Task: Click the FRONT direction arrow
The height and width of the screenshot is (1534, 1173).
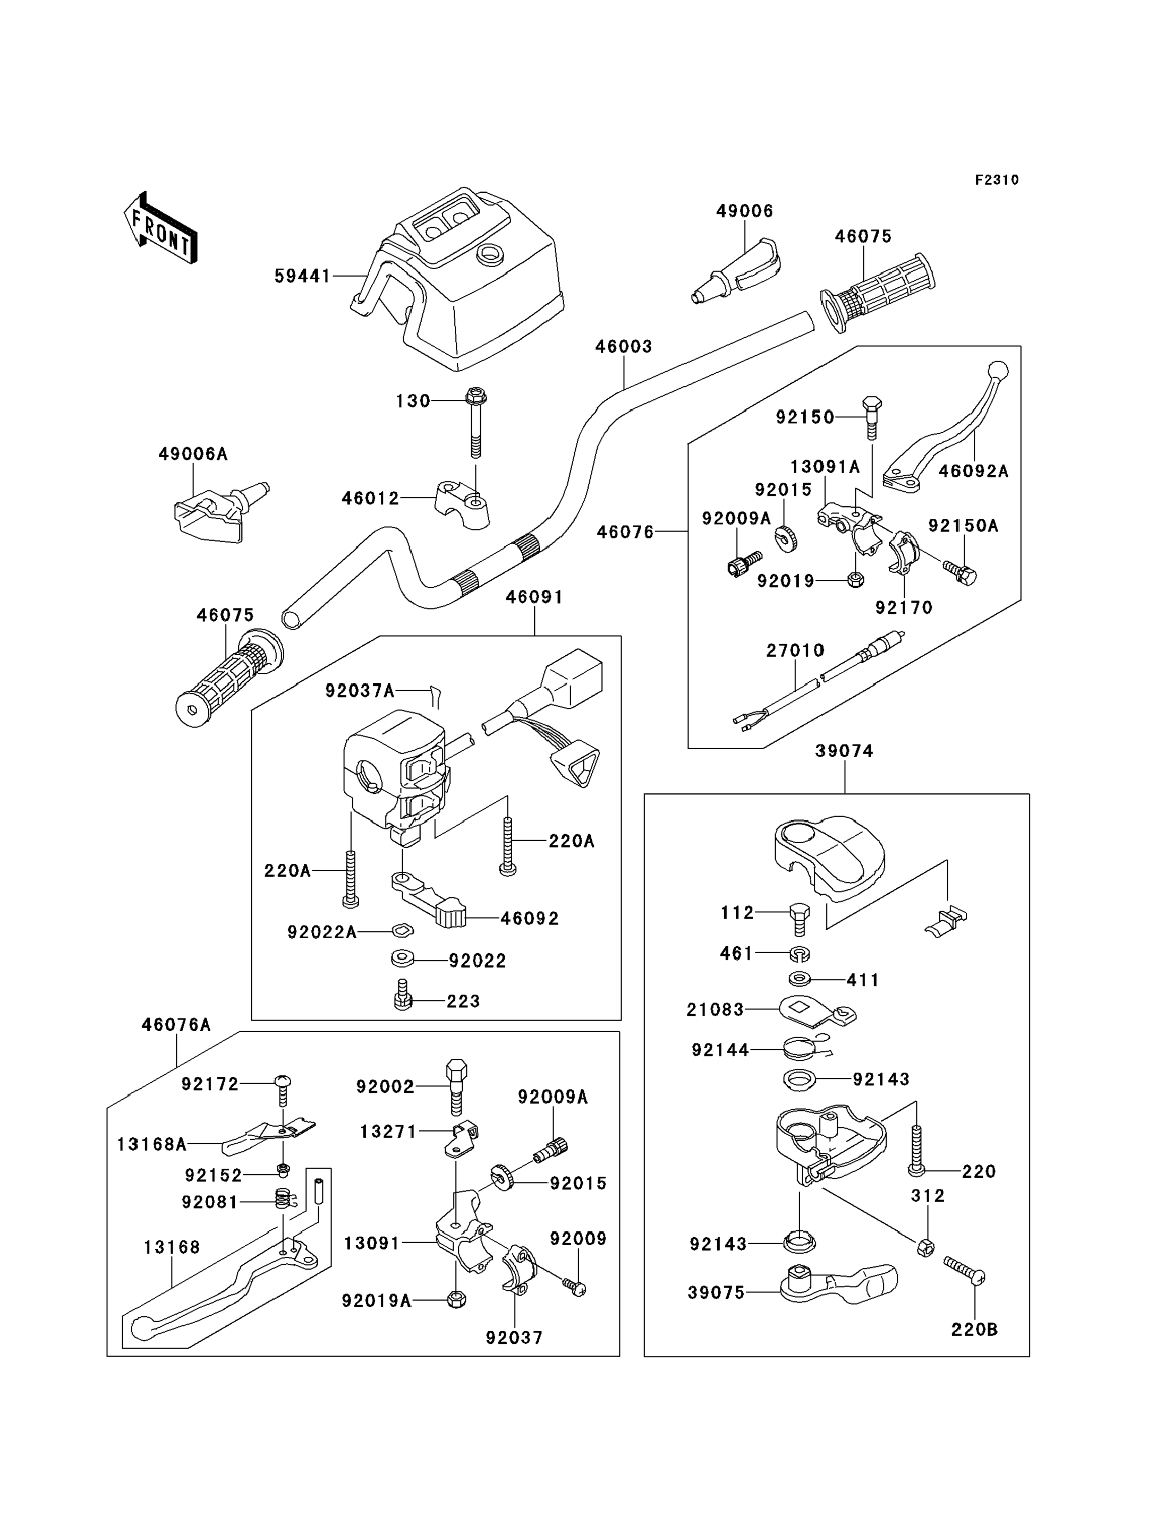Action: tap(160, 229)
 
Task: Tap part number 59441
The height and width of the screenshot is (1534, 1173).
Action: tap(302, 276)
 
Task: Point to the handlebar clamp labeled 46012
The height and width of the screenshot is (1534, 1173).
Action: tap(461, 503)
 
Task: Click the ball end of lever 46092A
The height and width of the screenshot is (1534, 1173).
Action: tap(998, 369)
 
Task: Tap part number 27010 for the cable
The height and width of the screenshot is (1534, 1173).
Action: tap(795, 650)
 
